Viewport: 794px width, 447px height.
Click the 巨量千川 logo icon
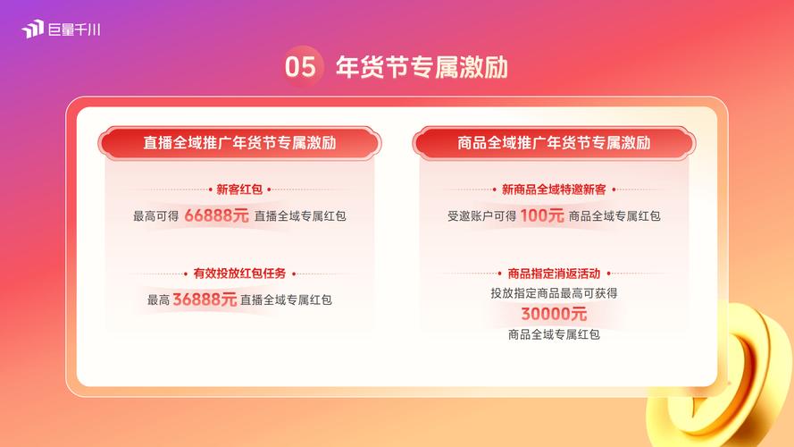32,29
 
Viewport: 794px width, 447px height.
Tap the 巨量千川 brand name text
74,30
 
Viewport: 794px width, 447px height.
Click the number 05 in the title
300,67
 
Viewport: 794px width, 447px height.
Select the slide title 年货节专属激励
422,67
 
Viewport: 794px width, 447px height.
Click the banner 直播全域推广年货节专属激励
239,143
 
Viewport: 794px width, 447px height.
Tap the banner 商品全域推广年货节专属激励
554,143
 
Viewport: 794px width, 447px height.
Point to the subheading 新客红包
239,190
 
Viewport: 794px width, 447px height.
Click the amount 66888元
216,215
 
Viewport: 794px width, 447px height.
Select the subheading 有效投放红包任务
239,274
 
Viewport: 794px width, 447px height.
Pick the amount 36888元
205,299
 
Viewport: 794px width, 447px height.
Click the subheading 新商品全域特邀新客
554,190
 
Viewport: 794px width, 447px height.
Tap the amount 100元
542,215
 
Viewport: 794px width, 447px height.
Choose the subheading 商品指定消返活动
554,274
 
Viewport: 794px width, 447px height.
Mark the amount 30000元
554,314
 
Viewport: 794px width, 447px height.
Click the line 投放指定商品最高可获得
554,293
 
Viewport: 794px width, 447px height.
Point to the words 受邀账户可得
481,216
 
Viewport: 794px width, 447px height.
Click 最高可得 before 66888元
156,216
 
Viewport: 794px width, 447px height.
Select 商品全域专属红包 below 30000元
554,334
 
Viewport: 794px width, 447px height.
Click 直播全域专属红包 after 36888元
286,300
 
